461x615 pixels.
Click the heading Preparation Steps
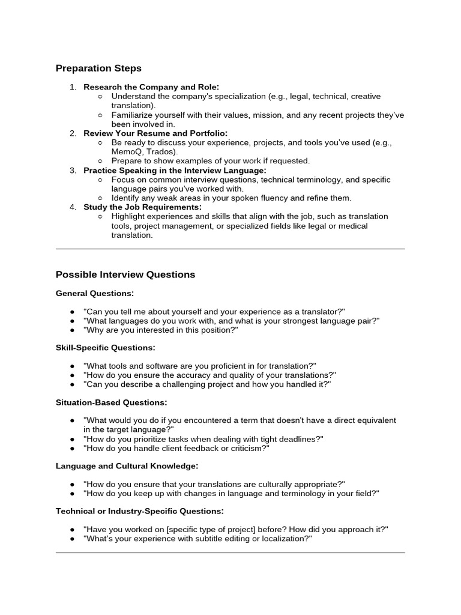[98, 68]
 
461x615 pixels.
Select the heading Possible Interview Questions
[125, 274]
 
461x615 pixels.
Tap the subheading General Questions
[94, 293]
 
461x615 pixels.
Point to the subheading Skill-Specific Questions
[105, 348]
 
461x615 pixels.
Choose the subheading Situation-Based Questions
[111, 402]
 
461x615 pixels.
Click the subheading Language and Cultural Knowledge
[127, 466]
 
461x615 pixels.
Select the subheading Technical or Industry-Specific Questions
[139, 511]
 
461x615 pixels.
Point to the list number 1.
[73, 87]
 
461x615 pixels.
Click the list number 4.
[73, 207]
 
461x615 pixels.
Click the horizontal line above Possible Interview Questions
[230, 248]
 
